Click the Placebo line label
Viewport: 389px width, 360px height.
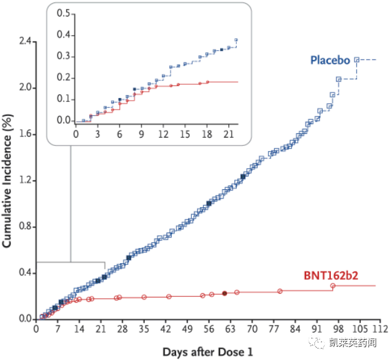click(330, 61)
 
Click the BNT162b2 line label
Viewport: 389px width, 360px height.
click(330, 275)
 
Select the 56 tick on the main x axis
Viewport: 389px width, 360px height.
click(209, 329)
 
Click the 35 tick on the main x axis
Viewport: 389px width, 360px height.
click(143, 329)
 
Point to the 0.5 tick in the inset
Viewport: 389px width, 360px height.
click(62, 13)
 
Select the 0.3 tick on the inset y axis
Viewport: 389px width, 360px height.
click(62, 56)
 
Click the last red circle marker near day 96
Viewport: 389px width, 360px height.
click(333, 286)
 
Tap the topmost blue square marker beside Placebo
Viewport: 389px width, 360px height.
click(357, 60)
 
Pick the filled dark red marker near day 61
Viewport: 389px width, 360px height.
click(224, 293)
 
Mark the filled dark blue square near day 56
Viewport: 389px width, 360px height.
click(209, 204)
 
